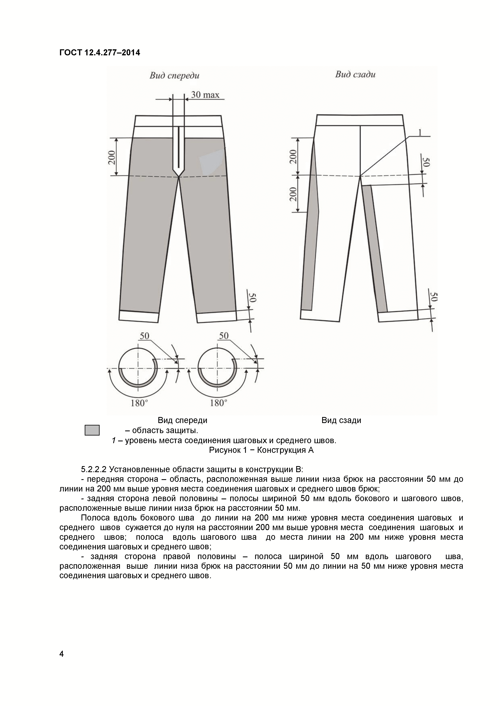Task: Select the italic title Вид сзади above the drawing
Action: (x=355, y=74)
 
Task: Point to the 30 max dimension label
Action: (x=205, y=95)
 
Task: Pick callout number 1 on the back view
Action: (x=420, y=133)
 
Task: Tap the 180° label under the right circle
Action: (x=219, y=403)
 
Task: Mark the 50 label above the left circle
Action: (x=144, y=336)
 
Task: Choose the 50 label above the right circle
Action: (x=224, y=336)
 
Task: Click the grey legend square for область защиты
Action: (x=92, y=430)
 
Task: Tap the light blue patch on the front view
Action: (x=211, y=161)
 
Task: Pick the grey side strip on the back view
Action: (x=309, y=246)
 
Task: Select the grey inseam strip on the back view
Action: (x=374, y=246)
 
